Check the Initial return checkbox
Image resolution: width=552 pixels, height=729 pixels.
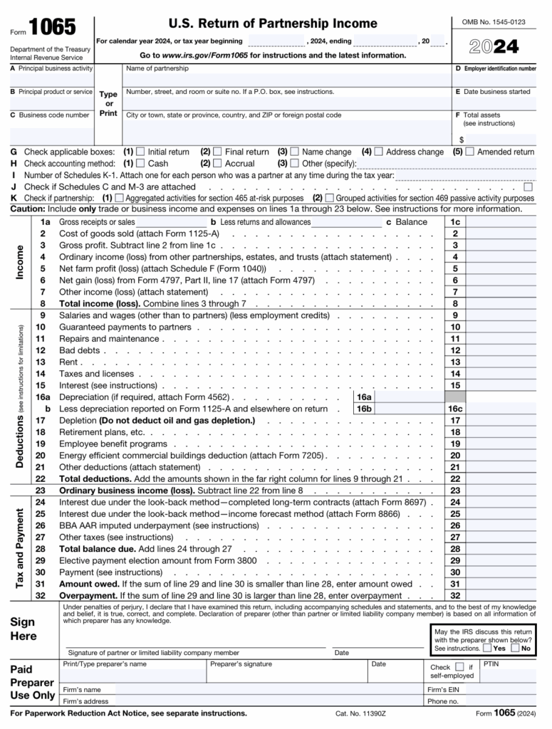[x=140, y=152]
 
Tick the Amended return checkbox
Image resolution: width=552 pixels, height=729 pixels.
[x=469, y=152]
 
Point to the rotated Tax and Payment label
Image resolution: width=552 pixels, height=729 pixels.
[x=20, y=547]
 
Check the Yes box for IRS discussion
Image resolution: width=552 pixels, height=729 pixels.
[x=486, y=648]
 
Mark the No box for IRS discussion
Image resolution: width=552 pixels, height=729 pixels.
[x=515, y=648]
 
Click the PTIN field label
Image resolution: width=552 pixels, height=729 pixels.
[x=491, y=664]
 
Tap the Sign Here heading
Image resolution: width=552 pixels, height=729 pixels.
[x=24, y=629]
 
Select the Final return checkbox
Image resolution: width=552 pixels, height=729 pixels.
[x=217, y=152]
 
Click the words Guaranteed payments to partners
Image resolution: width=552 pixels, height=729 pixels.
[x=125, y=327]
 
